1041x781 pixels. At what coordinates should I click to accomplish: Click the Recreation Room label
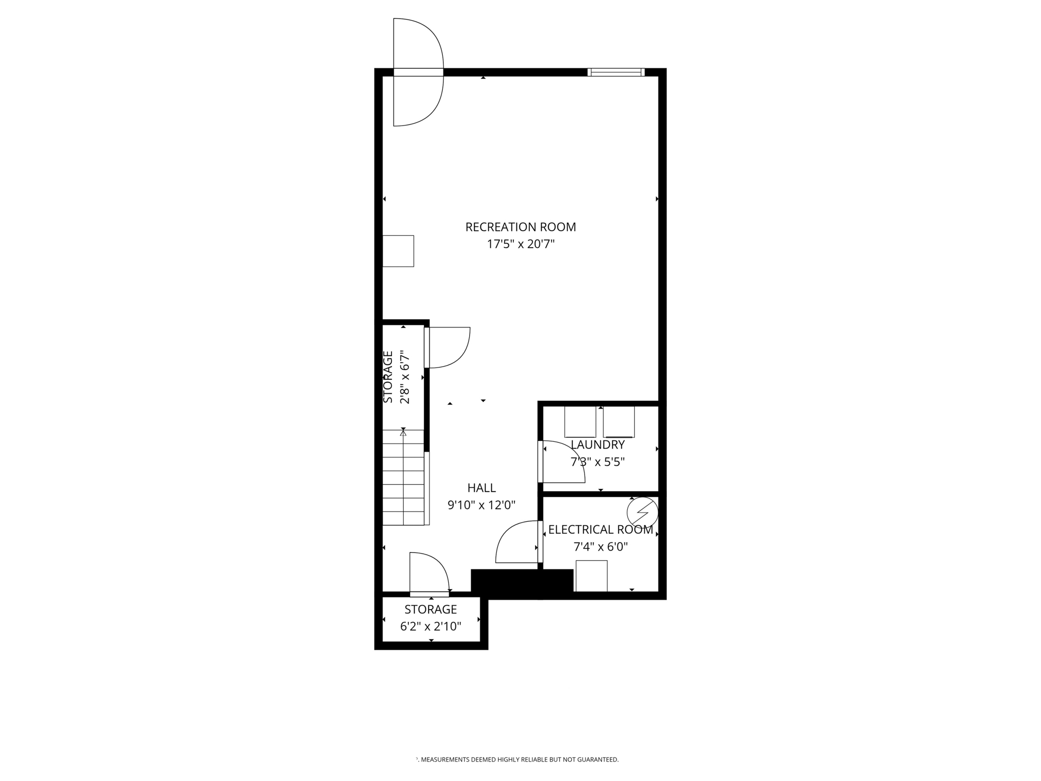tap(520, 227)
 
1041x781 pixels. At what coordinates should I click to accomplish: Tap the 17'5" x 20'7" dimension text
tap(520, 245)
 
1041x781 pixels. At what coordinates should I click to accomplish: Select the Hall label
tap(481, 488)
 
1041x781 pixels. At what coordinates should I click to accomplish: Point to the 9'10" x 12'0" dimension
tap(481, 505)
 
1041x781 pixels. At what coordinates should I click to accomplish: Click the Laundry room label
tap(597, 445)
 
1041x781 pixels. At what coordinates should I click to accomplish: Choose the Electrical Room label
tap(600, 530)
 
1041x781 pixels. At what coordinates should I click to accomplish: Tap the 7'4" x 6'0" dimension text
tap(600, 547)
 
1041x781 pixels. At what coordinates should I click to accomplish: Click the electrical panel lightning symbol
tap(642, 512)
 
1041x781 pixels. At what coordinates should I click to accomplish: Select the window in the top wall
tap(616, 72)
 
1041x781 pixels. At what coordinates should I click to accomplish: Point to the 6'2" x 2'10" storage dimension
tap(431, 626)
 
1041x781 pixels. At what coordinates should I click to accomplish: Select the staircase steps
tap(403, 478)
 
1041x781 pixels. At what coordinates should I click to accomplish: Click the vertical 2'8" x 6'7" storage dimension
tap(405, 377)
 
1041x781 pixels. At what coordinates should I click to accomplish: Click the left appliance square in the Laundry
tap(580, 422)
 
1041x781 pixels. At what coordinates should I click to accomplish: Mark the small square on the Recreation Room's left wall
tap(398, 251)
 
